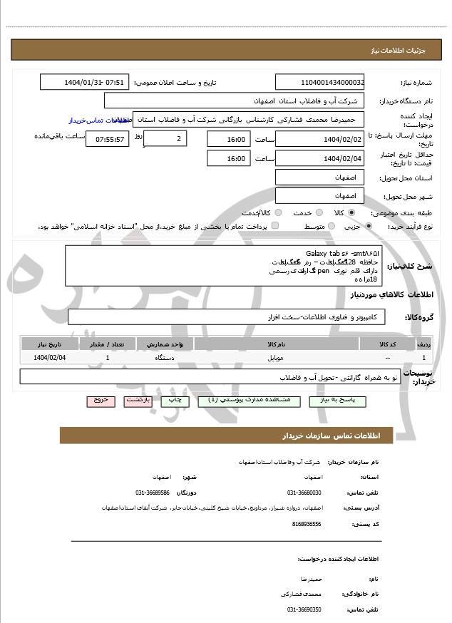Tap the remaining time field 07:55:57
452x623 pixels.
(x=108, y=139)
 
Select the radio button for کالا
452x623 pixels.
(x=351, y=212)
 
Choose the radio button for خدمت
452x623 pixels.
(x=318, y=212)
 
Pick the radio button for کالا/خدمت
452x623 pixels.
(x=278, y=212)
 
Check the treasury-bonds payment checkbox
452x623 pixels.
(x=275, y=226)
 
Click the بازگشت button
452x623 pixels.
(x=138, y=401)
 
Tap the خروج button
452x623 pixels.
(x=101, y=401)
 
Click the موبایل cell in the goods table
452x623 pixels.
(x=277, y=357)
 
